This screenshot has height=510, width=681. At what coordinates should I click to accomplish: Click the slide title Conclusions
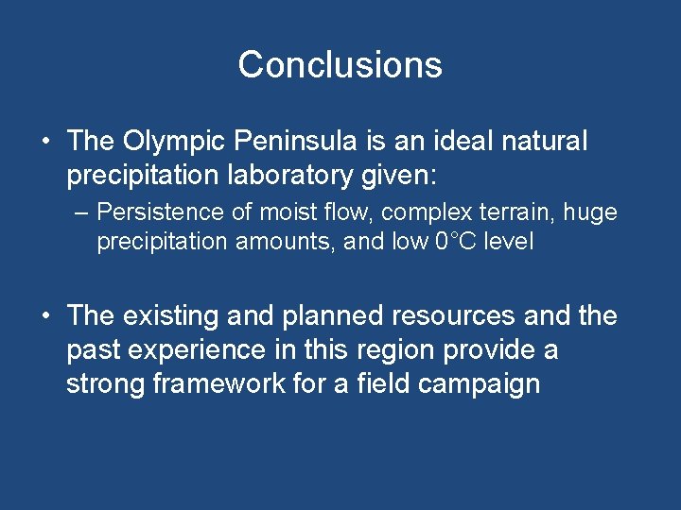(x=340, y=64)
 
